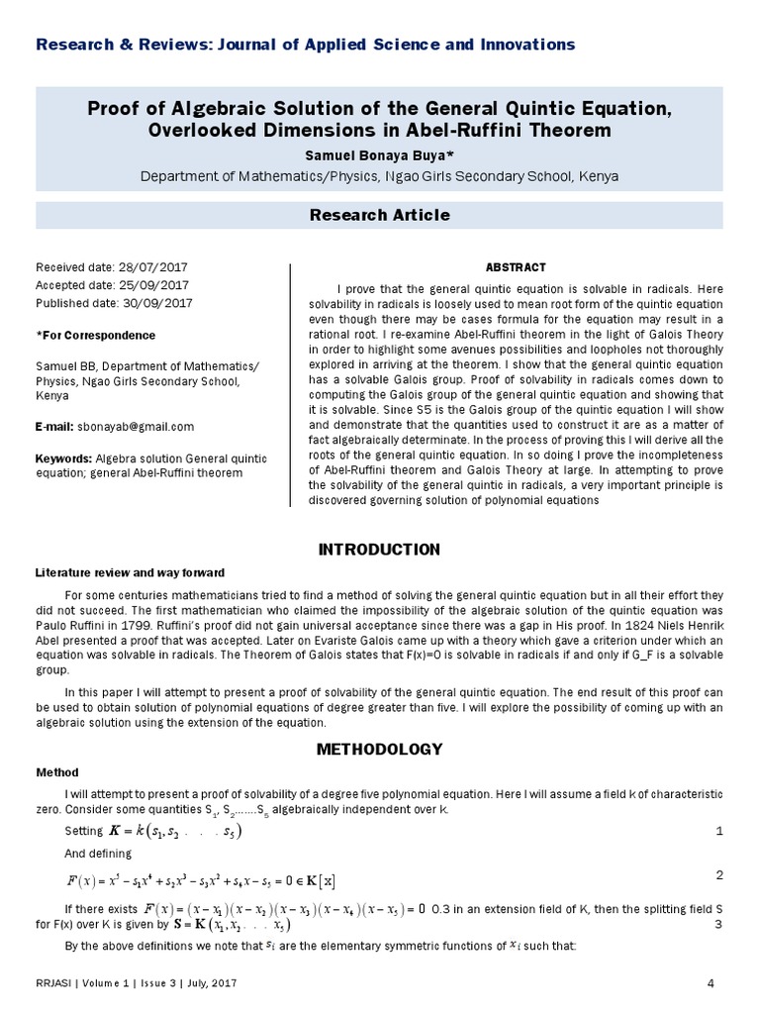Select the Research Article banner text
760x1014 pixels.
(x=380, y=215)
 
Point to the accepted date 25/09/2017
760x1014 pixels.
(x=156, y=285)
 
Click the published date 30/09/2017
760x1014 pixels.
(x=160, y=303)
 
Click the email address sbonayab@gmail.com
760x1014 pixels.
(x=136, y=427)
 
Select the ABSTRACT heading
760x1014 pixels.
(x=516, y=267)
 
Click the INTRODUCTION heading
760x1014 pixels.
(x=379, y=550)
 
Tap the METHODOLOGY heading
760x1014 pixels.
(x=379, y=749)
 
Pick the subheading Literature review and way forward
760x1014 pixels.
(x=131, y=573)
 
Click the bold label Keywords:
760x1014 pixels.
(x=63, y=458)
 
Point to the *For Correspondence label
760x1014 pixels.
(x=95, y=336)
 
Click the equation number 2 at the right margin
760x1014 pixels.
(x=718, y=875)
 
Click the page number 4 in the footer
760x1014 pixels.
(x=712, y=982)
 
